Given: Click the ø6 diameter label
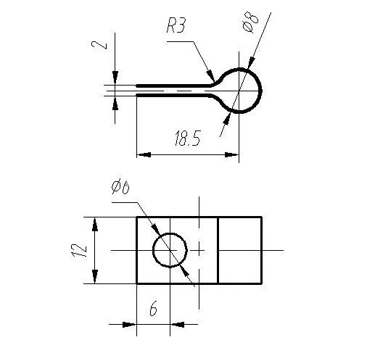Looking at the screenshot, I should [120, 188].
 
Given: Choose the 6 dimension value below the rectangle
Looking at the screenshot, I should [153, 310].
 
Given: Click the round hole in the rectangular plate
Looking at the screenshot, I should [170, 250].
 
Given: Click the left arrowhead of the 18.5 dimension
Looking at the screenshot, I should [143, 154].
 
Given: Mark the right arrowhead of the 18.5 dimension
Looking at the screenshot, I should [234, 154].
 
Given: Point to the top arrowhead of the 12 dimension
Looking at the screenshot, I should [94, 223].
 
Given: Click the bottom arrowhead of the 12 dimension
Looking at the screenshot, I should [94, 278].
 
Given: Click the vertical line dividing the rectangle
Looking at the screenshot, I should [218, 250].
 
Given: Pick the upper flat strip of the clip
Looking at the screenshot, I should [174, 86].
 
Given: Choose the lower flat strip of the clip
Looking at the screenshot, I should [174, 94].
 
